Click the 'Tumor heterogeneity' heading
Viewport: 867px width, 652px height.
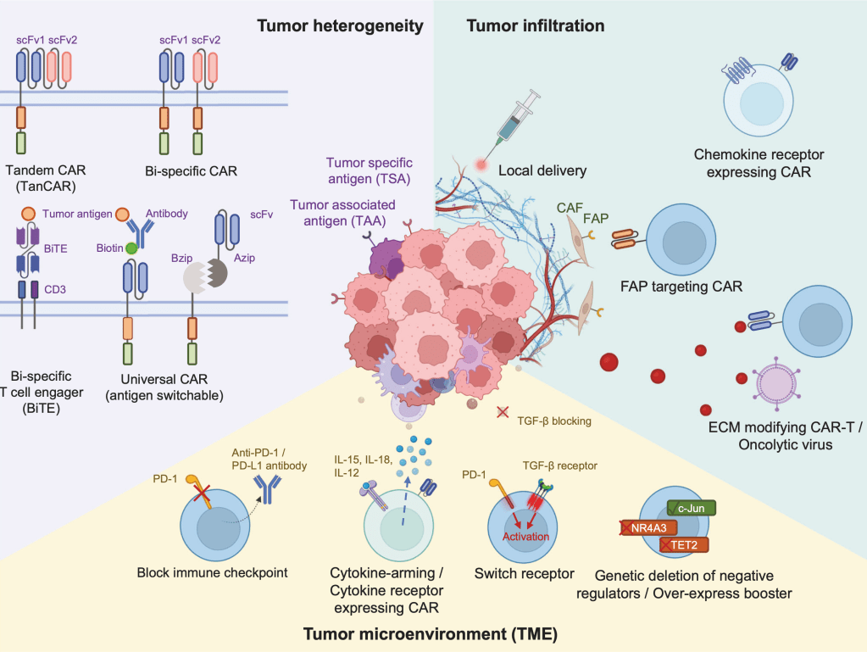click(340, 26)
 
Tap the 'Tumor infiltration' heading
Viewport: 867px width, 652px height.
click(535, 26)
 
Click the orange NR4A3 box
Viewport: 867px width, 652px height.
click(648, 527)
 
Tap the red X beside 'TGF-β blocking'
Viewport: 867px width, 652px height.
click(503, 412)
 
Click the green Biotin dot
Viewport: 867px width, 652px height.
click(131, 248)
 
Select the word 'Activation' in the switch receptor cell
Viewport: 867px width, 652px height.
click(526, 537)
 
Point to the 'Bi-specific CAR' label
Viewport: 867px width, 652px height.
click(192, 170)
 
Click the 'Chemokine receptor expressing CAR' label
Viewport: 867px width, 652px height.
click(759, 164)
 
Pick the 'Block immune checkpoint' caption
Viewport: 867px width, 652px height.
click(212, 572)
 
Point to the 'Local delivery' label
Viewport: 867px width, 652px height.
click(542, 170)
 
